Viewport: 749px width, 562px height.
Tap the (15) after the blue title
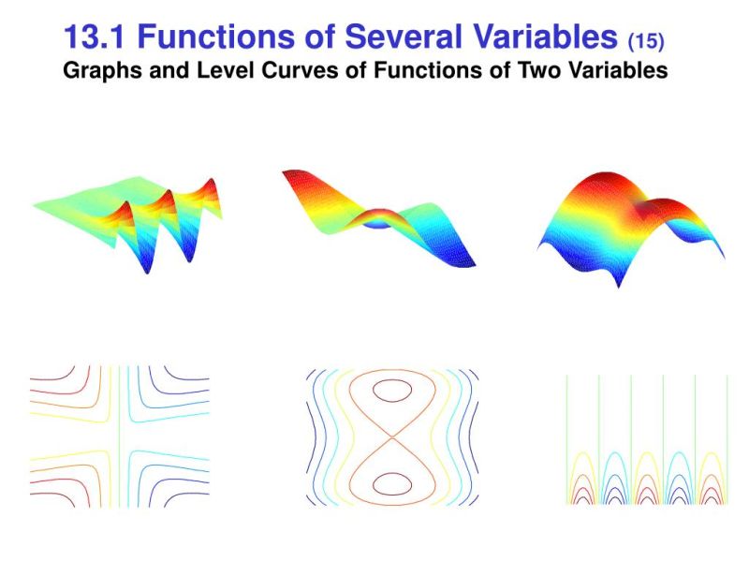point(646,40)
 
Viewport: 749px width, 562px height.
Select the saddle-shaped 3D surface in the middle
point(379,217)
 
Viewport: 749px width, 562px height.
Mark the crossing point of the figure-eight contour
point(387,436)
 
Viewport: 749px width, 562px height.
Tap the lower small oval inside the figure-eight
point(387,484)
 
